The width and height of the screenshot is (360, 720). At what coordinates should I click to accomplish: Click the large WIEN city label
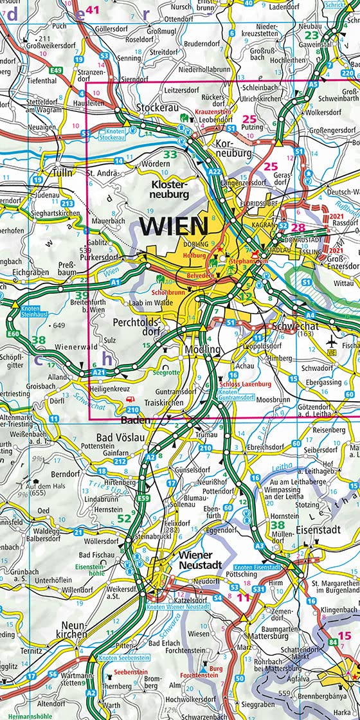point(174,226)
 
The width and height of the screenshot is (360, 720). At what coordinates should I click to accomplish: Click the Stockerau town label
point(156,108)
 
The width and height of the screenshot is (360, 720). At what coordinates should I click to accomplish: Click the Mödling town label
point(203,349)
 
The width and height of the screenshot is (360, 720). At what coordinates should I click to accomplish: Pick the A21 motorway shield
point(98,372)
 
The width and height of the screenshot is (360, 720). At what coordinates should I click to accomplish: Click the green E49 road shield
point(57,69)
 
